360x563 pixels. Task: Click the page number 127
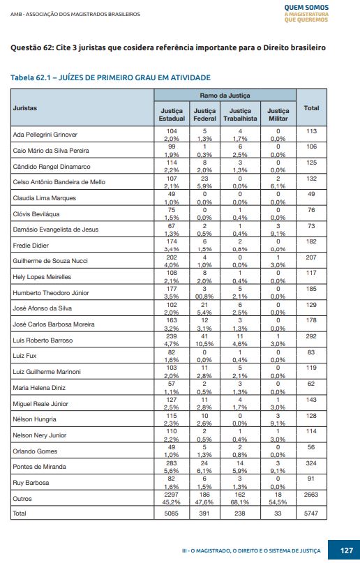coord(346,550)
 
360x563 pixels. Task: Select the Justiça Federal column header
coord(204,114)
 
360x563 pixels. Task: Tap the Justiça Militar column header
coord(278,114)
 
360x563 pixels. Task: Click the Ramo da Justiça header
coord(225,96)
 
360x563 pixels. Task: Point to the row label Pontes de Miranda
coord(40,467)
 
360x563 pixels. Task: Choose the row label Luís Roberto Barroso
coord(43,340)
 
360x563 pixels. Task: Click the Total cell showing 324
coord(311,463)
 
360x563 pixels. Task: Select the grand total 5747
coord(311,513)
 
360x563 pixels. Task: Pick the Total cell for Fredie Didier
coord(311,241)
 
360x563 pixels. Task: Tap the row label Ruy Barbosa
coord(31,483)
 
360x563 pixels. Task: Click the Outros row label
coord(22,499)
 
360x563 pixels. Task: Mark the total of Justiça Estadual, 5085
coord(171,513)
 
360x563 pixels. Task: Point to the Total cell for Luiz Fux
coord(311,352)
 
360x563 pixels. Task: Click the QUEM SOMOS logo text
coord(306,8)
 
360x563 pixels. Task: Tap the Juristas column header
coord(24,108)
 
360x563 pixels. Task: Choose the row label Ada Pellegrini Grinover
coord(45,135)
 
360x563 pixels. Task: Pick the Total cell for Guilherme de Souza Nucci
coord(311,257)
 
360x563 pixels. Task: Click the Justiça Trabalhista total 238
coord(240,513)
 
